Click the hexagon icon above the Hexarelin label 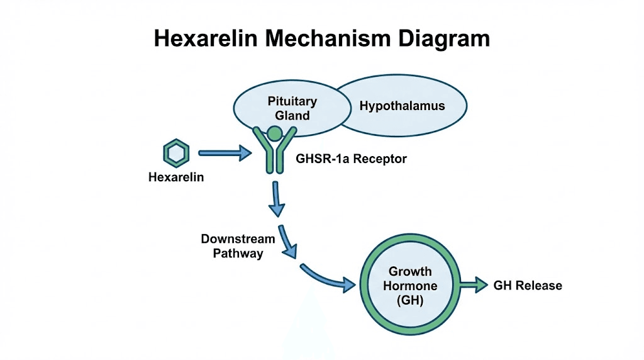click(x=175, y=153)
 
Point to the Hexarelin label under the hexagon click(x=176, y=177)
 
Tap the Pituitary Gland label click(x=292, y=108)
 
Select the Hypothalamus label click(x=402, y=106)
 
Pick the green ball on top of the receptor click(x=274, y=133)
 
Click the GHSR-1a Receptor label click(x=351, y=159)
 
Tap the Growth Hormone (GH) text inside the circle click(x=410, y=286)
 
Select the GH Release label click(x=528, y=286)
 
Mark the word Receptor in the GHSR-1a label click(x=380, y=159)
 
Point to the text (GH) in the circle click(x=410, y=301)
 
